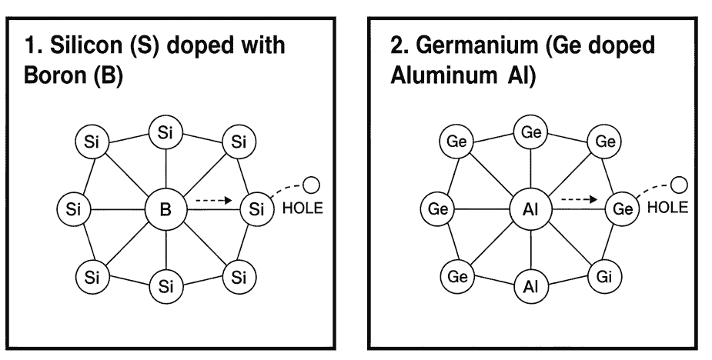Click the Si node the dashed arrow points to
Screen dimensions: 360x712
pyautogui.click(x=255, y=208)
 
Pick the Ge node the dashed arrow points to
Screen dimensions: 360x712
pyautogui.click(x=621, y=208)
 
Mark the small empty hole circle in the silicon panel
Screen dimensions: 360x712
pyautogui.click(x=313, y=185)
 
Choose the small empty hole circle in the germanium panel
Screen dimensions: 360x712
pyautogui.click(x=679, y=185)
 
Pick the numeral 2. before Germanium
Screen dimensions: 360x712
pyautogui.click(x=400, y=46)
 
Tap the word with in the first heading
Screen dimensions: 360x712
pyautogui.click(x=266, y=46)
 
